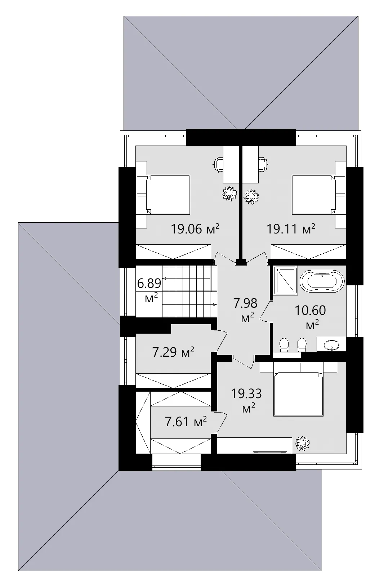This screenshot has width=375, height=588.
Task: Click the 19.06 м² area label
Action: click(195, 228)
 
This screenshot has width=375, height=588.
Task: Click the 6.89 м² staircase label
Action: click(149, 290)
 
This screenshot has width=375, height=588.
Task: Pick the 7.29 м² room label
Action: click(173, 352)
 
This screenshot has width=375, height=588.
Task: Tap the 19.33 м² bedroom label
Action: click(246, 399)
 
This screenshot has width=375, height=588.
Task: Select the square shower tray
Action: click(285, 281)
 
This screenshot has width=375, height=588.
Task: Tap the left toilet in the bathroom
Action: click(284, 345)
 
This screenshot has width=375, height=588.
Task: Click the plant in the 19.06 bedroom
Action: click(229, 193)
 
